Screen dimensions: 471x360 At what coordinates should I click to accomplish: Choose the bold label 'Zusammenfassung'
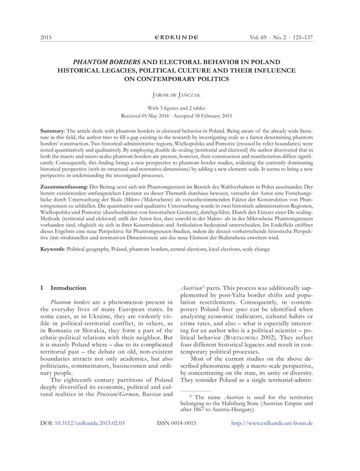65,186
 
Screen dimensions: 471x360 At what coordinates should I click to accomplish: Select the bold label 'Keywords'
58,249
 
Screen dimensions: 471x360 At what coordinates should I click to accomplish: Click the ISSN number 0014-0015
183,438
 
